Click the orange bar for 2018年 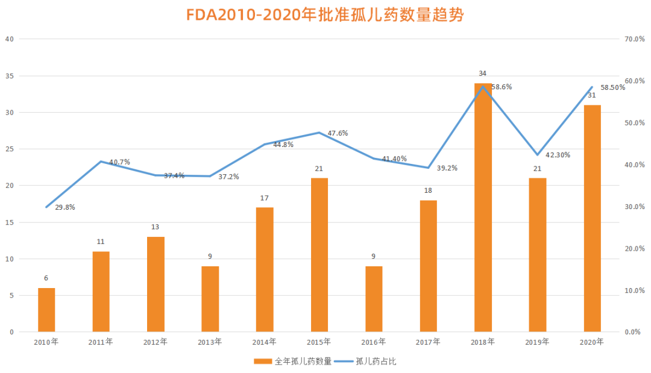click(x=483, y=207)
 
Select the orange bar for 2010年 click(x=46, y=310)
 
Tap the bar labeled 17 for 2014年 click(x=265, y=269)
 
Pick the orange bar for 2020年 click(x=592, y=218)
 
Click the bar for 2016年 click(x=374, y=299)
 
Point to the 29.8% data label click(x=64, y=207)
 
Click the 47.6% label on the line click(x=338, y=133)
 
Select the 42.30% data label click(x=558, y=155)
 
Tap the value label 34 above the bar click(x=482, y=74)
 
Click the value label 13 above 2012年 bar click(x=156, y=227)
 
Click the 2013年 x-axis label click(x=210, y=342)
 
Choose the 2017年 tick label click(x=428, y=342)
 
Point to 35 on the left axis click(x=9, y=76)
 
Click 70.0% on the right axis click(x=635, y=39)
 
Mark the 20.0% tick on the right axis click(x=635, y=248)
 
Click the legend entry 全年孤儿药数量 click(x=293, y=362)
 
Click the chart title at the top click(x=325, y=15)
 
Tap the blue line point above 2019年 click(x=538, y=155)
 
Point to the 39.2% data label click(x=446, y=168)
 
